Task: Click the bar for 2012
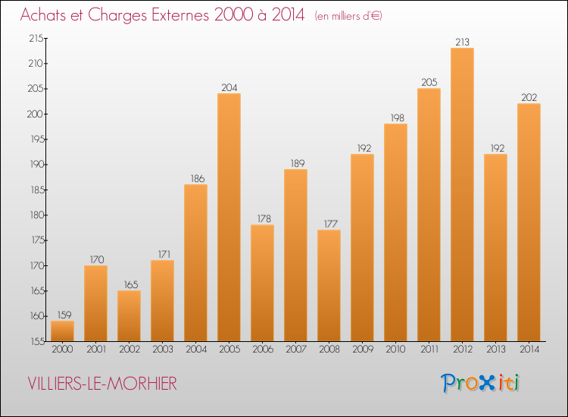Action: pos(462,194)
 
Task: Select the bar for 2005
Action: pos(229,217)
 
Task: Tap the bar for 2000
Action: pos(62,331)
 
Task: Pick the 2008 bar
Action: pos(329,285)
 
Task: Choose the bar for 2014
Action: pos(529,221)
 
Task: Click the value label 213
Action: pos(462,42)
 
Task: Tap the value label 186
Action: pos(195,179)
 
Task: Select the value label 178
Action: pos(262,219)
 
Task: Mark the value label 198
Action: pos(395,118)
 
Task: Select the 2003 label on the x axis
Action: pos(162,350)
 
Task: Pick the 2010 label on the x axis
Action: pos(395,350)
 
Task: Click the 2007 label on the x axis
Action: pos(295,350)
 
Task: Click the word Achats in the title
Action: pos(47,15)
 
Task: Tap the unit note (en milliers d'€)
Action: pos(348,16)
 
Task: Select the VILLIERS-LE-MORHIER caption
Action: pos(101,384)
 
